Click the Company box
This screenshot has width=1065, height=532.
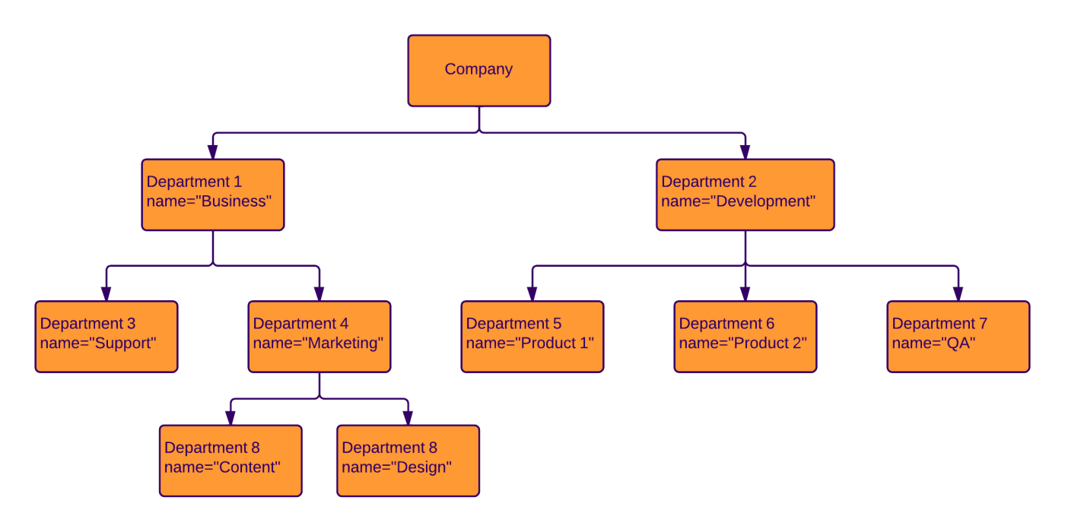[478, 70]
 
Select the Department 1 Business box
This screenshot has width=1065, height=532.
[212, 195]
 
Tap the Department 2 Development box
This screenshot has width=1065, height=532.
[745, 195]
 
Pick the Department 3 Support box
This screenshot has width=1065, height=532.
[106, 337]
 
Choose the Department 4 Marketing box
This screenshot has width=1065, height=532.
[319, 337]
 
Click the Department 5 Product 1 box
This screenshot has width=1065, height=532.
[532, 337]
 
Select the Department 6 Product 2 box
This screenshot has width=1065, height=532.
[745, 337]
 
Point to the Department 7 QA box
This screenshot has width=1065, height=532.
[958, 337]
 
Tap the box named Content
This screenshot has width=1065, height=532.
[230, 461]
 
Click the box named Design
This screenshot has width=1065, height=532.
[408, 461]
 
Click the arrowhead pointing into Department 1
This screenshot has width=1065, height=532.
[213, 152]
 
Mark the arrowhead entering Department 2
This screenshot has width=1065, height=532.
[745, 152]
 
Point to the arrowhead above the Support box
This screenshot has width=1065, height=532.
[106, 294]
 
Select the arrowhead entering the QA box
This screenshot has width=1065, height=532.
[958, 294]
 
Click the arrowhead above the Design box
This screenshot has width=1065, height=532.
[408, 418]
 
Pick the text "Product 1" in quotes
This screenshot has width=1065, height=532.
[555, 344]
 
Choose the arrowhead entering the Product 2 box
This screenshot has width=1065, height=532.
[745, 294]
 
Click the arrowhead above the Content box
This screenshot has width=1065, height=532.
[230, 418]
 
